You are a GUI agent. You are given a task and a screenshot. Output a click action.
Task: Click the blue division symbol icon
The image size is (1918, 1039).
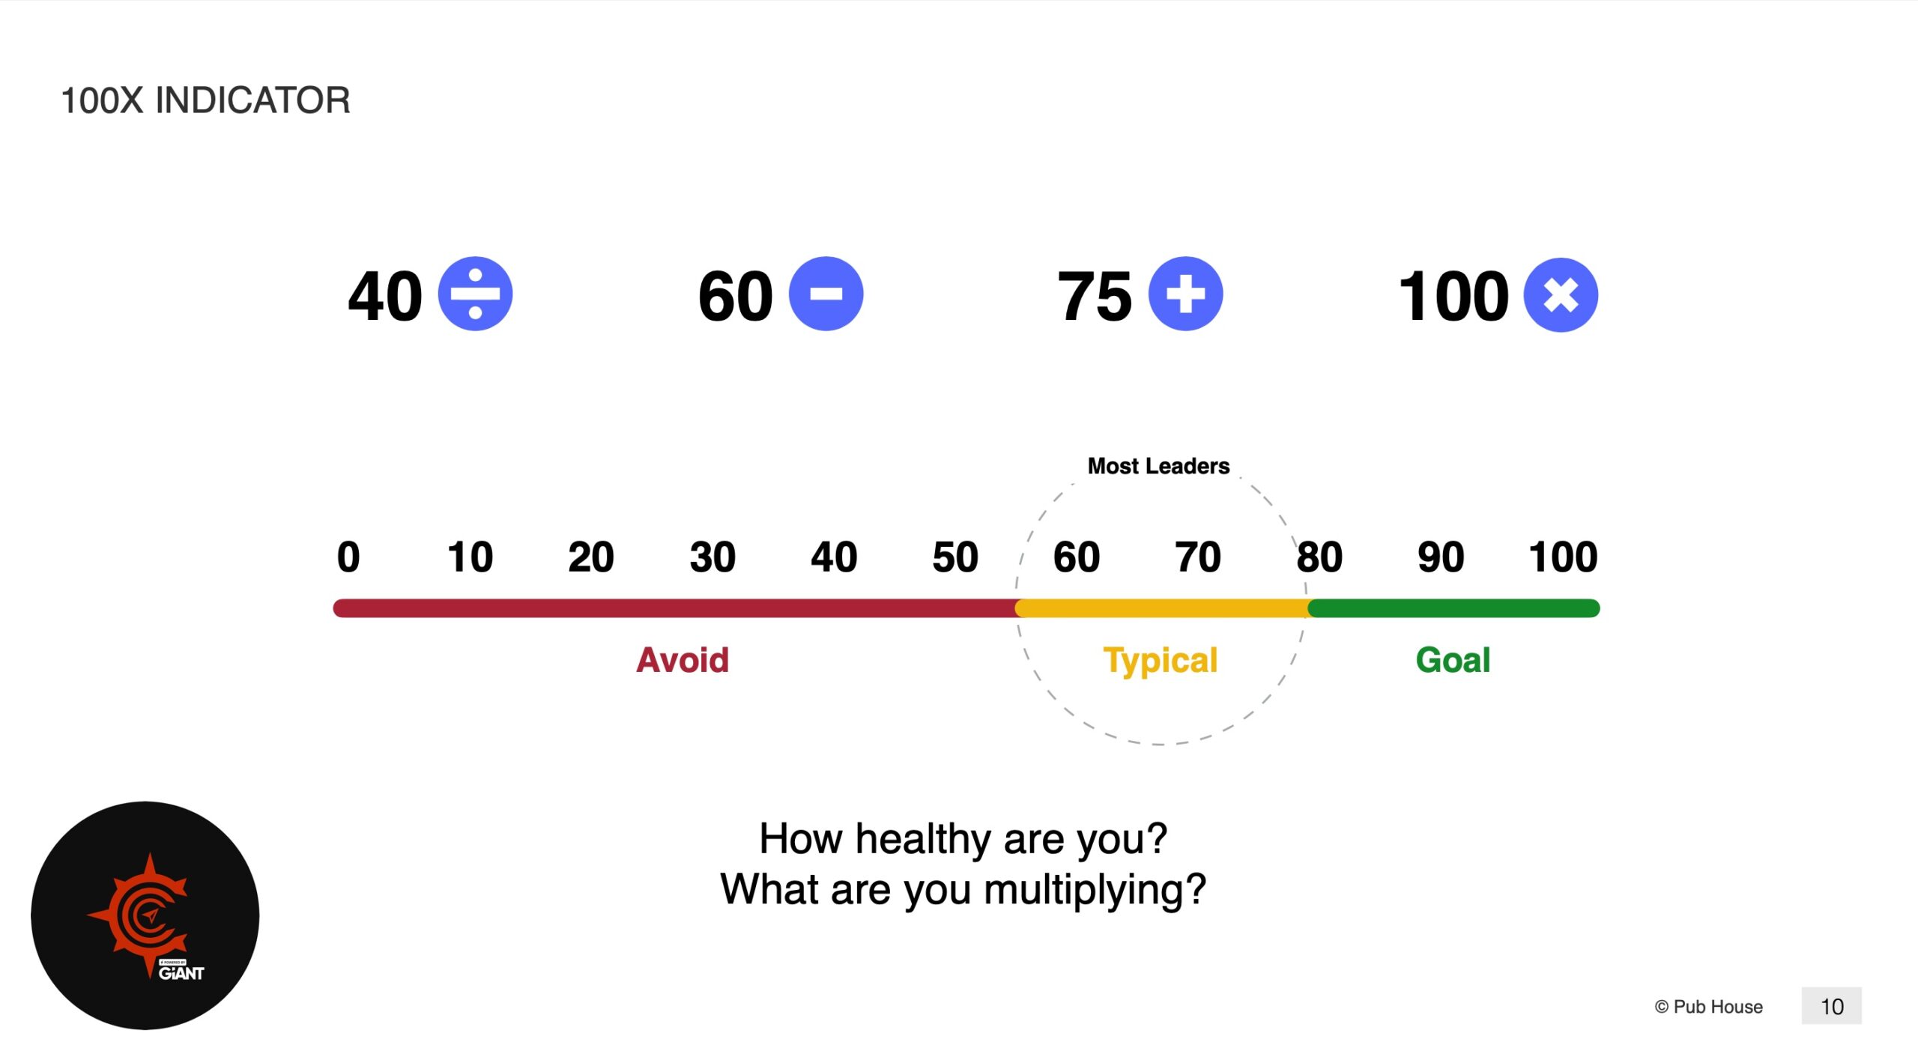point(475,294)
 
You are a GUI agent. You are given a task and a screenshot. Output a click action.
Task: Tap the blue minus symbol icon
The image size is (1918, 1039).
point(826,294)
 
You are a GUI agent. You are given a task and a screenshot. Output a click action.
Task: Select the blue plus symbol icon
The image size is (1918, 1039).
point(1185,294)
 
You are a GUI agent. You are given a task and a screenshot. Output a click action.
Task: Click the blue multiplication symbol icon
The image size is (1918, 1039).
point(1561,294)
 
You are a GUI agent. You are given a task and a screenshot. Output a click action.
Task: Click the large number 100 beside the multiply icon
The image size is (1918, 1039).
point(1453,297)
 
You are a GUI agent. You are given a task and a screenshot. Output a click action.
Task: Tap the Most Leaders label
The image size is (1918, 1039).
point(1158,466)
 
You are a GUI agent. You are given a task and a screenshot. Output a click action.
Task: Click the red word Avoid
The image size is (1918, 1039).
point(682,660)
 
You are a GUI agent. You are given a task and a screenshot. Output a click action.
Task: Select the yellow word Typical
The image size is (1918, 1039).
point(1161,661)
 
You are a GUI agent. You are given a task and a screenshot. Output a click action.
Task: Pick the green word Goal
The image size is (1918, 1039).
point(1453,660)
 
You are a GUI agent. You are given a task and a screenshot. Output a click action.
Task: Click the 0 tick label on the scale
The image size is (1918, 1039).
point(348,557)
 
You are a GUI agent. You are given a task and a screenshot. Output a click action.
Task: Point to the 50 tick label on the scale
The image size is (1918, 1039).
point(955,557)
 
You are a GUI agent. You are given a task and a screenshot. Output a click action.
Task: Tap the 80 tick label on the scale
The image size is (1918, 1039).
point(1319,557)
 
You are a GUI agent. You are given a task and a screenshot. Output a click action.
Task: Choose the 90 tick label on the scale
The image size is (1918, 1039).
point(1441,557)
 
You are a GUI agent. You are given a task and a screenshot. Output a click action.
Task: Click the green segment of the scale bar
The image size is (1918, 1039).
point(1453,608)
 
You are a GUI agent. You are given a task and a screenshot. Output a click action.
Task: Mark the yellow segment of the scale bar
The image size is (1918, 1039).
point(1161,608)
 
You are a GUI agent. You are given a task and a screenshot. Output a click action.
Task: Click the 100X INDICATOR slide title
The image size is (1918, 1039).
point(205,100)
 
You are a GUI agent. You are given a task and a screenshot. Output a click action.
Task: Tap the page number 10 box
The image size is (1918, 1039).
point(1831,1006)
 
